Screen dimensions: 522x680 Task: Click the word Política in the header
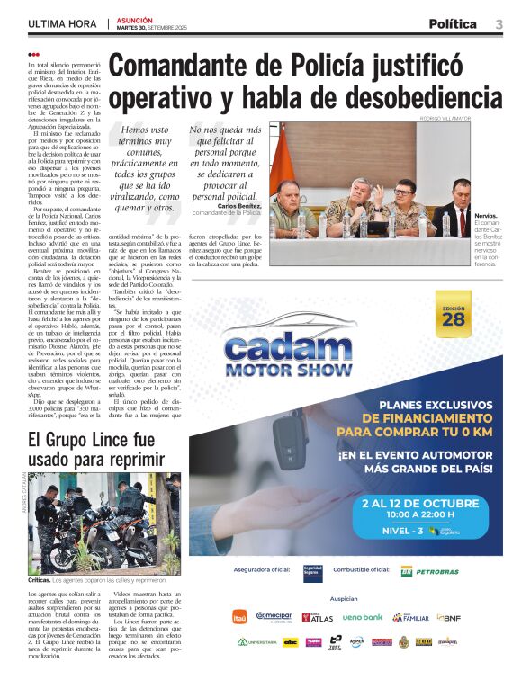(453, 24)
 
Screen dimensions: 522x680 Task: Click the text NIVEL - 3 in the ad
(404, 531)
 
